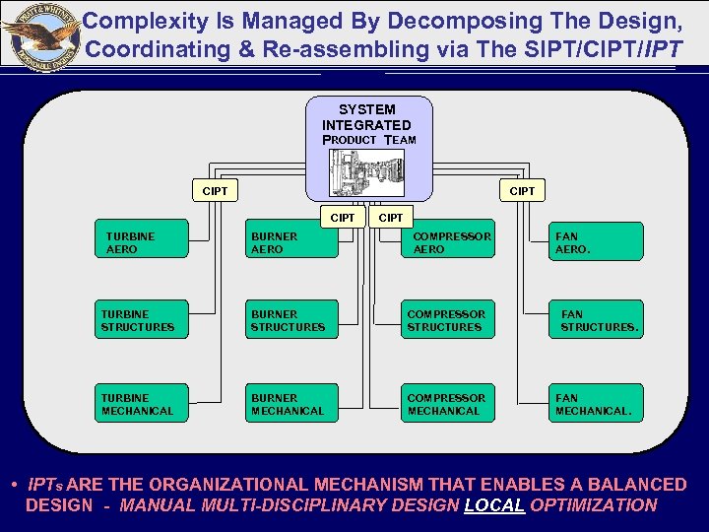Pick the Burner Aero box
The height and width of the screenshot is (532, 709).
pyautogui.click(x=291, y=242)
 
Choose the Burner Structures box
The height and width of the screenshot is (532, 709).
pyautogui.click(x=291, y=320)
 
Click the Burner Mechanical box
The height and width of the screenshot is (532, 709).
pyautogui.click(x=291, y=404)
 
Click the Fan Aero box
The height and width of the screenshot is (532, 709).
pyautogui.click(x=595, y=242)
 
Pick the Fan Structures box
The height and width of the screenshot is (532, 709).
pyautogui.click(x=595, y=320)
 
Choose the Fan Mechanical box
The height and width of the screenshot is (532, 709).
pyautogui.click(x=595, y=404)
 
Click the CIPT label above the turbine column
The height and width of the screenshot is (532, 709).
pyautogui.click(x=215, y=191)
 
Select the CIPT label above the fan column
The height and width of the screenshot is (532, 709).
pyautogui.click(x=522, y=191)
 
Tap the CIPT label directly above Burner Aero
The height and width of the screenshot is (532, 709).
pyautogui.click(x=343, y=217)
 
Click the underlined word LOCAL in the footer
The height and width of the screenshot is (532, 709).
pyautogui.click(x=494, y=505)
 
